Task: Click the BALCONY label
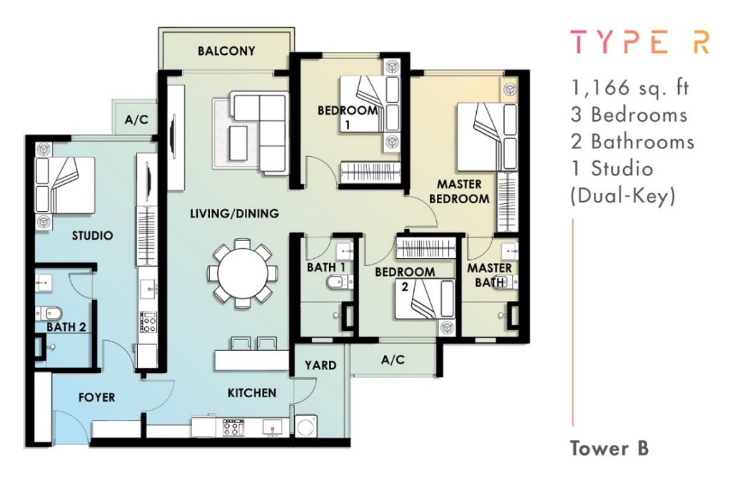point(226,51)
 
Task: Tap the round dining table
point(243,274)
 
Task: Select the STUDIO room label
point(92,235)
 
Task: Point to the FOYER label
point(96,398)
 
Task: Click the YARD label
point(321,366)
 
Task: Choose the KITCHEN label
point(252,394)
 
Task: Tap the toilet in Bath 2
point(49,313)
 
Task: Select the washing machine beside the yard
point(306,426)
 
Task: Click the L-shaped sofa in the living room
point(259,133)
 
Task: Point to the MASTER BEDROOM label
point(459,191)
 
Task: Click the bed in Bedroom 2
point(425,299)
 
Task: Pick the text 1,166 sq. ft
point(630,88)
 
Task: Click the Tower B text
point(610,448)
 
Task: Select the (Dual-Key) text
point(622,196)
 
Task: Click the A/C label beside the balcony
point(136,120)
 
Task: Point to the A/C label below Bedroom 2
point(393,360)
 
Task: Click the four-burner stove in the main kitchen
point(234,427)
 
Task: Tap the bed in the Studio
point(65,185)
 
